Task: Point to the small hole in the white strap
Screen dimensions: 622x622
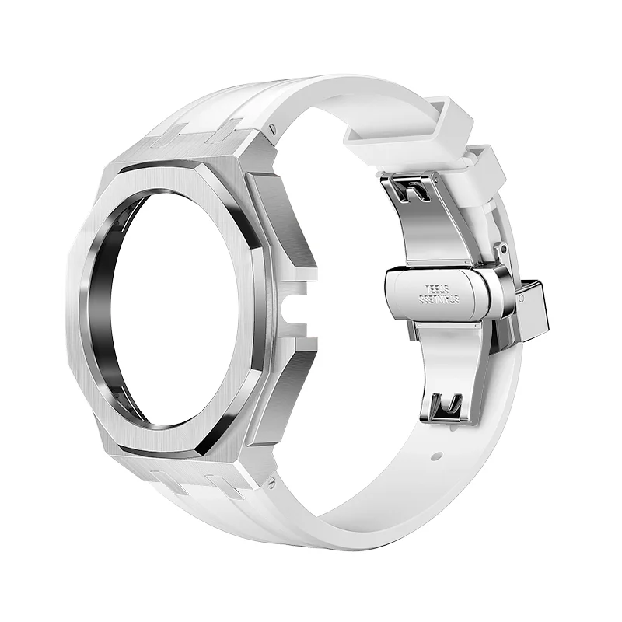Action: pos(435,452)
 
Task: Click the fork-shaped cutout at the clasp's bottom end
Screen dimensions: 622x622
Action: pos(449,404)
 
